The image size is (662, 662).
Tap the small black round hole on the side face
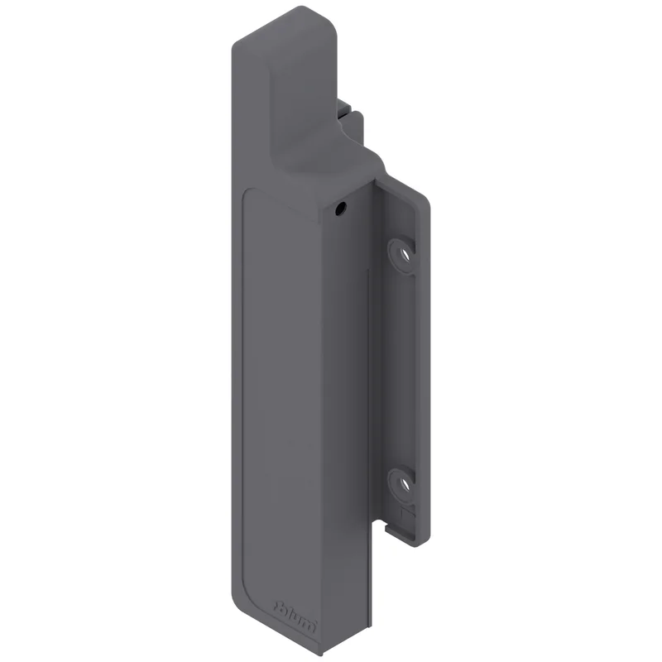pyautogui.click(x=341, y=208)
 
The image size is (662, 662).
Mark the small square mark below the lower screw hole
pyautogui.click(x=405, y=513)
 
